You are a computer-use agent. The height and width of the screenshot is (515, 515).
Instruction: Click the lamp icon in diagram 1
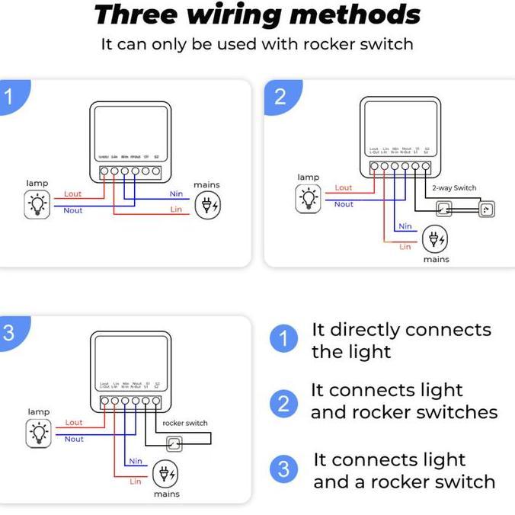click(x=37, y=203)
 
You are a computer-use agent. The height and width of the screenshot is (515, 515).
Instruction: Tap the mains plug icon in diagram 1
click(x=208, y=206)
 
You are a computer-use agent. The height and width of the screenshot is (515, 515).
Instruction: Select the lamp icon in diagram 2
click(x=308, y=198)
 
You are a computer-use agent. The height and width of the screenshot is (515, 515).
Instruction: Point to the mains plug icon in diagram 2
click(x=435, y=240)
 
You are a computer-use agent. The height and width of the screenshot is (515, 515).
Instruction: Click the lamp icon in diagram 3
click(x=37, y=433)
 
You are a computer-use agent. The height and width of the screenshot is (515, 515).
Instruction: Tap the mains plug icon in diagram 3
click(x=165, y=475)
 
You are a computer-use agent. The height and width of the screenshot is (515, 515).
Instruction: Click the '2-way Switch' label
click(x=454, y=187)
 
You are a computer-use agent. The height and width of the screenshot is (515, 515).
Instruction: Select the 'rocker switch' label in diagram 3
click(x=185, y=423)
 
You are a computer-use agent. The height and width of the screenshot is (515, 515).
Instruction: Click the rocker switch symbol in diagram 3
click(x=175, y=443)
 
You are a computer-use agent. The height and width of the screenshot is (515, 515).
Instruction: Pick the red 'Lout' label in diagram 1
click(x=73, y=194)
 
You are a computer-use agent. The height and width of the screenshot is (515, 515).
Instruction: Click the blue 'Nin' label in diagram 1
click(x=176, y=194)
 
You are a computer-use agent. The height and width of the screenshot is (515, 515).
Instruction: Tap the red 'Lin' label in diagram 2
click(x=405, y=247)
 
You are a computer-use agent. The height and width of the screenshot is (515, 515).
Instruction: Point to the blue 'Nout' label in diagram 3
click(x=74, y=439)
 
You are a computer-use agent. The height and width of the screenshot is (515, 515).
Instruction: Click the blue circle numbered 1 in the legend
click(x=283, y=340)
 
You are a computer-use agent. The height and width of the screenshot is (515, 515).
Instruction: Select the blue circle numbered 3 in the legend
click(x=283, y=469)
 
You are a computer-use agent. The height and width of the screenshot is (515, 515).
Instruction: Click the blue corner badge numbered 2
click(x=279, y=96)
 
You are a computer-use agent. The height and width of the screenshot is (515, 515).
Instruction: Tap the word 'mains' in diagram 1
click(x=206, y=185)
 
